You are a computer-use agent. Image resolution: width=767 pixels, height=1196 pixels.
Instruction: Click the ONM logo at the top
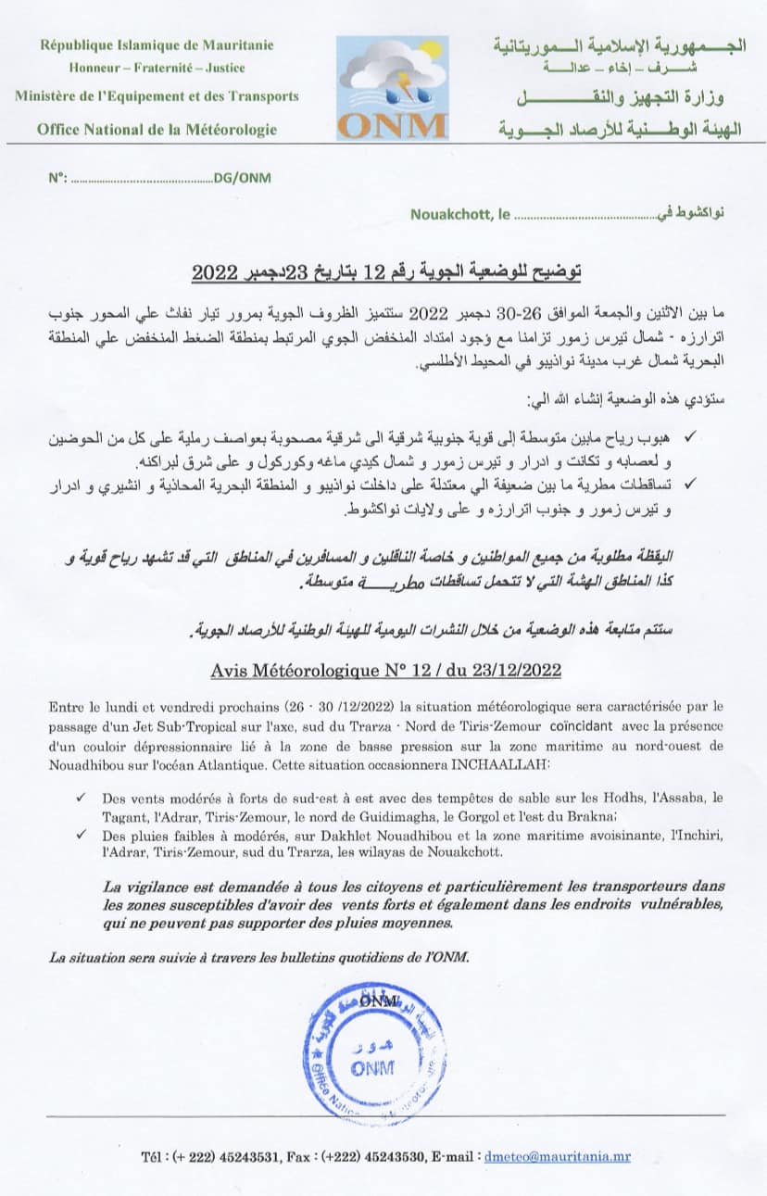392,88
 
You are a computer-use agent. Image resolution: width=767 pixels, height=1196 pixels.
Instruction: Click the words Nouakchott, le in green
459,215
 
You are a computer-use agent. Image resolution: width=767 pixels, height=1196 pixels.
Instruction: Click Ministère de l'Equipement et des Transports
157,95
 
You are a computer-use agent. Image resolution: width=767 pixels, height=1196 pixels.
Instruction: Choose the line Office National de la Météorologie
157,129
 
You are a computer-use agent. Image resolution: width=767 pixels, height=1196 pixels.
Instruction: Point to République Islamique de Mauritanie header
157,44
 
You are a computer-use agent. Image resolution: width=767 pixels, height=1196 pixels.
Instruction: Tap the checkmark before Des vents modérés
82,796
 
